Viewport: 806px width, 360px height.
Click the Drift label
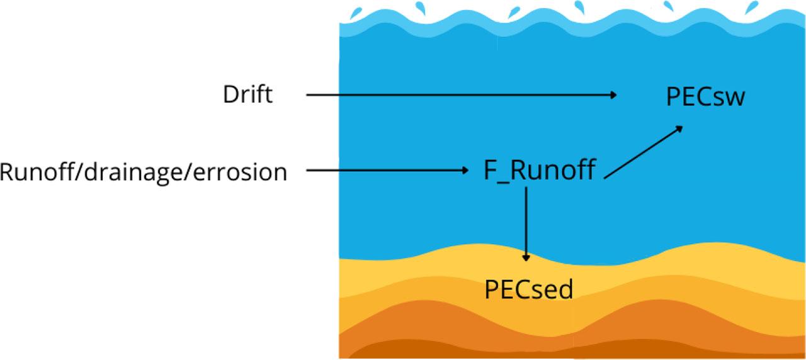click(x=247, y=95)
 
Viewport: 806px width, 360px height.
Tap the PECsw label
click(x=705, y=98)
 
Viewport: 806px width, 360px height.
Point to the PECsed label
click(x=529, y=290)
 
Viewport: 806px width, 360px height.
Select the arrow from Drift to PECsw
click(x=460, y=95)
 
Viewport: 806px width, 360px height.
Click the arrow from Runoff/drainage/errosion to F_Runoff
click(x=384, y=171)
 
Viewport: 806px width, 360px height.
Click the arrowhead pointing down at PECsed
click(x=526, y=257)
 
